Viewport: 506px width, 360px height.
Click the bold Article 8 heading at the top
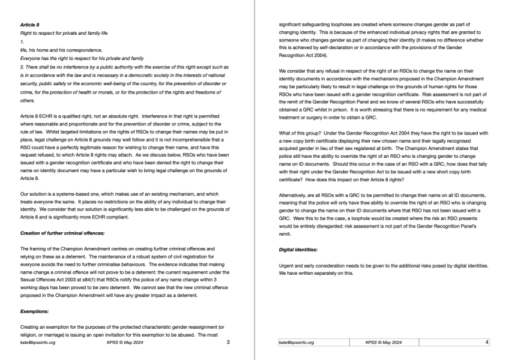(x=29, y=25)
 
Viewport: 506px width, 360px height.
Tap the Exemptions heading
(x=35, y=311)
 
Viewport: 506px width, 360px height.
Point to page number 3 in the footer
(x=228, y=343)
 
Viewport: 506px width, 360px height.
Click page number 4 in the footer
(x=487, y=343)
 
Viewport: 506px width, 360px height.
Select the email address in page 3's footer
(x=38, y=343)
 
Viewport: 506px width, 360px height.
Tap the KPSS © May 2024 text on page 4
(x=384, y=343)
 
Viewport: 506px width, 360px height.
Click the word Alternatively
(x=296, y=194)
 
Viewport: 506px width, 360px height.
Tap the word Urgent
(x=288, y=265)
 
